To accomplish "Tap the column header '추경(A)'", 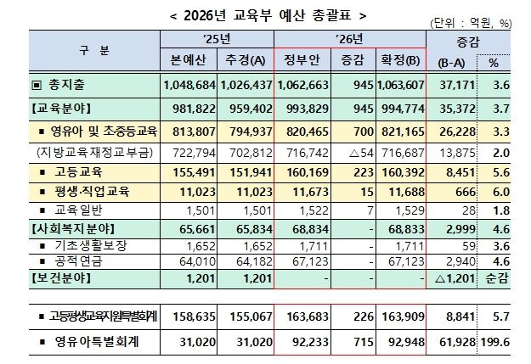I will (x=246, y=60).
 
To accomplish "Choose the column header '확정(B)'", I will (x=398, y=60).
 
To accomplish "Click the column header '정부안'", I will (x=302, y=60).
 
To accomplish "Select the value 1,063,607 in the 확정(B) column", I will (x=400, y=85).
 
